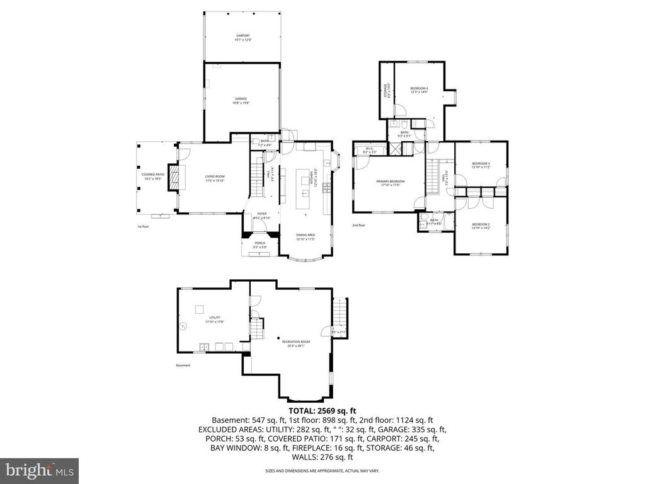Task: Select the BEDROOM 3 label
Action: click(x=481, y=165)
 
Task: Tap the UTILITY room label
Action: click(x=215, y=320)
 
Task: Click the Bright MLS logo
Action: click(x=39, y=470)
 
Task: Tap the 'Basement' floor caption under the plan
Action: click(x=183, y=366)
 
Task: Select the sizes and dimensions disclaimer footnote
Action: click(x=322, y=471)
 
